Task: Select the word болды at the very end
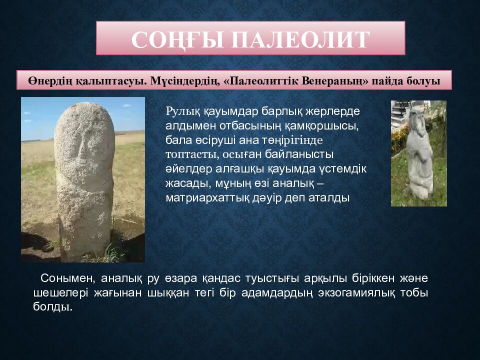tap(52, 307)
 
